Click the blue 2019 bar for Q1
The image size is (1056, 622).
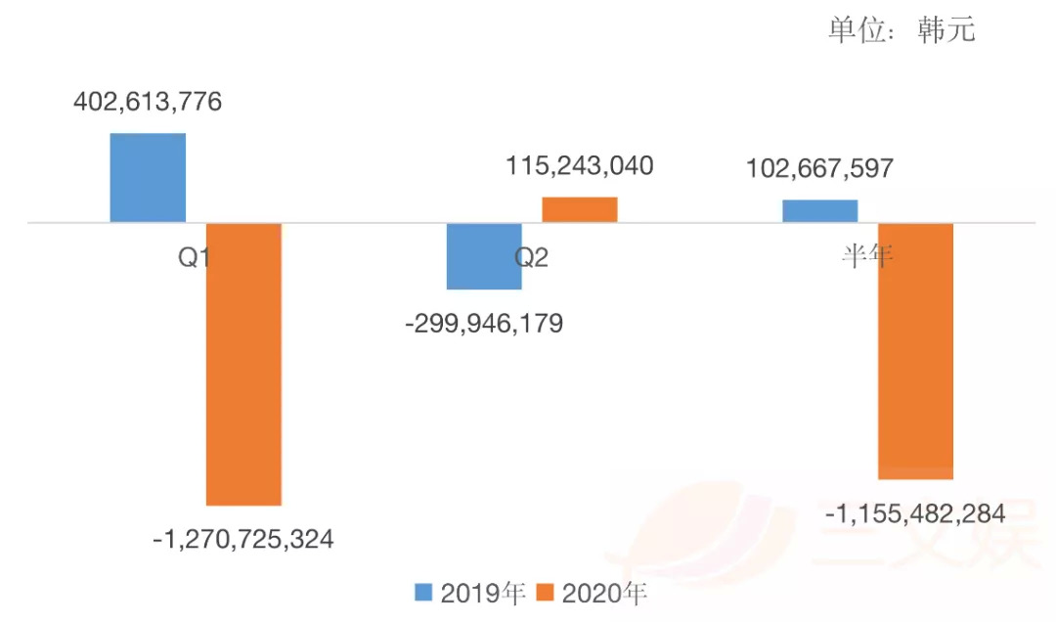[x=148, y=178]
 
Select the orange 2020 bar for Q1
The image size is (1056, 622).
[x=243, y=364]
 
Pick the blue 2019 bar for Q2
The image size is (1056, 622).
[x=484, y=256]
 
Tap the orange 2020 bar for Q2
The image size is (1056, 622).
[x=580, y=209]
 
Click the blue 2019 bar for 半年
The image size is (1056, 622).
[x=819, y=211]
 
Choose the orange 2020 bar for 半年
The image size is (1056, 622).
[x=915, y=350]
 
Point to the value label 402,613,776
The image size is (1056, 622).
[x=148, y=102]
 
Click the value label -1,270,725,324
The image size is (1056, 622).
[x=243, y=538]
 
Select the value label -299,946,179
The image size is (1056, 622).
[x=484, y=323]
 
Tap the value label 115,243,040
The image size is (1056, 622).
[x=580, y=166]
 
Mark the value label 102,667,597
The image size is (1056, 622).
[x=819, y=168]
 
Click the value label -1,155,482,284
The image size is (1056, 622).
[x=915, y=512]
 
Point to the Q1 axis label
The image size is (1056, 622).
[x=195, y=257]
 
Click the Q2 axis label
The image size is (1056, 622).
[x=532, y=257]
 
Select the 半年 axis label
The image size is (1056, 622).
[x=868, y=256]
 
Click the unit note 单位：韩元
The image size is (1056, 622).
[x=902, y=30]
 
